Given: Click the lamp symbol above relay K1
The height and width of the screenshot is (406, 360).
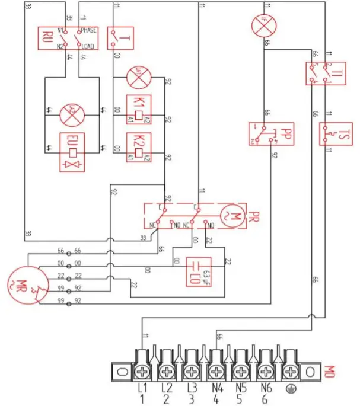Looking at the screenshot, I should pyautogui.click(x=138, y=75).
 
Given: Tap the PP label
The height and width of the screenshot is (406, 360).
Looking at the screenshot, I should pyautogui.click(x=285, y=134).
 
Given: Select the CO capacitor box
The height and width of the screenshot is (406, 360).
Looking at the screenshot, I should pyautogui.click(x=193, y=271).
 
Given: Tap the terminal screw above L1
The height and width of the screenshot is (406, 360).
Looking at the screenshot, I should pyautogui.click(x=144, y=372).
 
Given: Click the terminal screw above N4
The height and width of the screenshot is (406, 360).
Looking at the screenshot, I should pyautogui.click(x=216, y=372).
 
